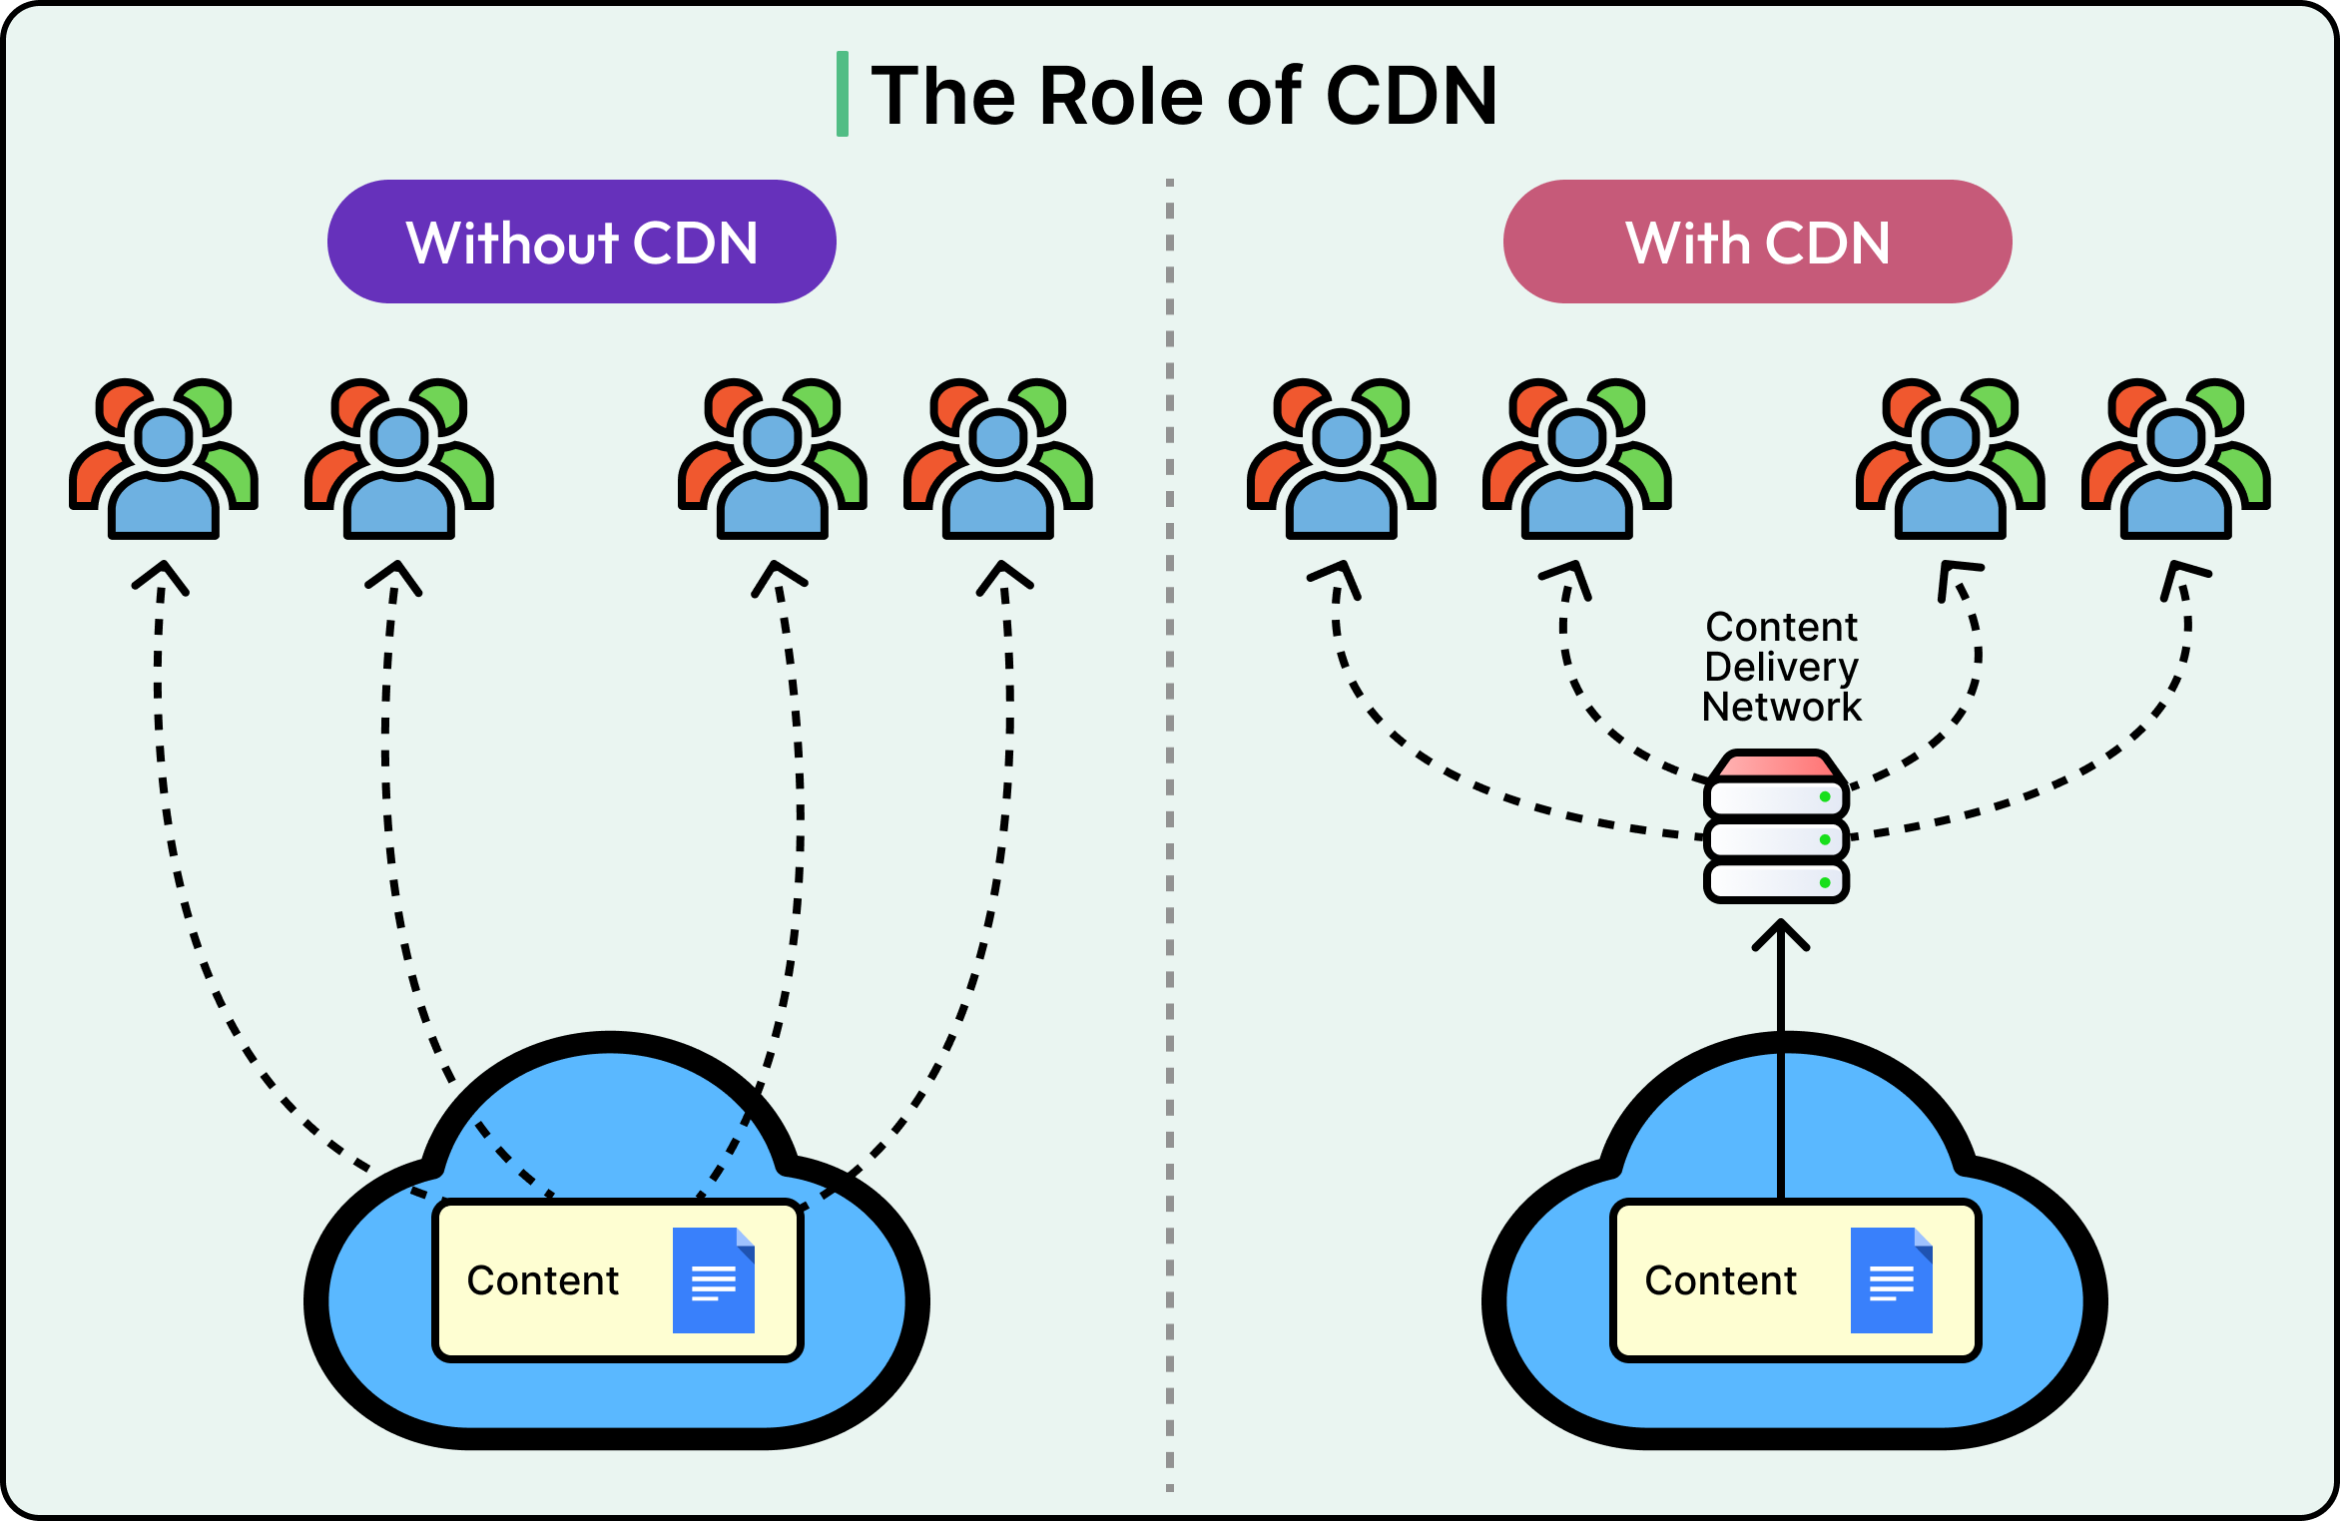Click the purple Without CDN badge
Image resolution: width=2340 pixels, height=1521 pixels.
(581, 242)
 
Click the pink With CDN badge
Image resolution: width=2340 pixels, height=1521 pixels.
(1757, 242)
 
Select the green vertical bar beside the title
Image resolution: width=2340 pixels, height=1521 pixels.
(843, 94)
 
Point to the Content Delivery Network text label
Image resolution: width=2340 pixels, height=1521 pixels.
(1781, 667)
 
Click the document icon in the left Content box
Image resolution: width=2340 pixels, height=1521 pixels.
(713, 1279)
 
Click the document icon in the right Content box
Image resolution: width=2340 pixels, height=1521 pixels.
(1891, 1279)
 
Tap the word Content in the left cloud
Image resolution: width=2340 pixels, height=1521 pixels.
(542, 1280)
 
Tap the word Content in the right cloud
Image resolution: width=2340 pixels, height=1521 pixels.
(1720, 1280)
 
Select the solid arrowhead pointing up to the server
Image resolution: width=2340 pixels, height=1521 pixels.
(1781, 935)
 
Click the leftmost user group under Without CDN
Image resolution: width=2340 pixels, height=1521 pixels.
(164, 459)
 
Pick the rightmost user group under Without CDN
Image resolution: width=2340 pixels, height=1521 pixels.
(997, 459)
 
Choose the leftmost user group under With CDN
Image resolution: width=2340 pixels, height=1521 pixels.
(1341, 459)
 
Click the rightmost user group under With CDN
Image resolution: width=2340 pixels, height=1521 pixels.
(2175, 459)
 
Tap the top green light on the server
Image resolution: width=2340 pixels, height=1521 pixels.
(1825, 796)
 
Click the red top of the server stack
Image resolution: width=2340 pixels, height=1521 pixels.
(1776, 765)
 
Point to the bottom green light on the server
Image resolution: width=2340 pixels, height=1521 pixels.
(1825, 882)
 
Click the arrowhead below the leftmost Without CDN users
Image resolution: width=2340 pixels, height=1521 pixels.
(161, 577)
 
